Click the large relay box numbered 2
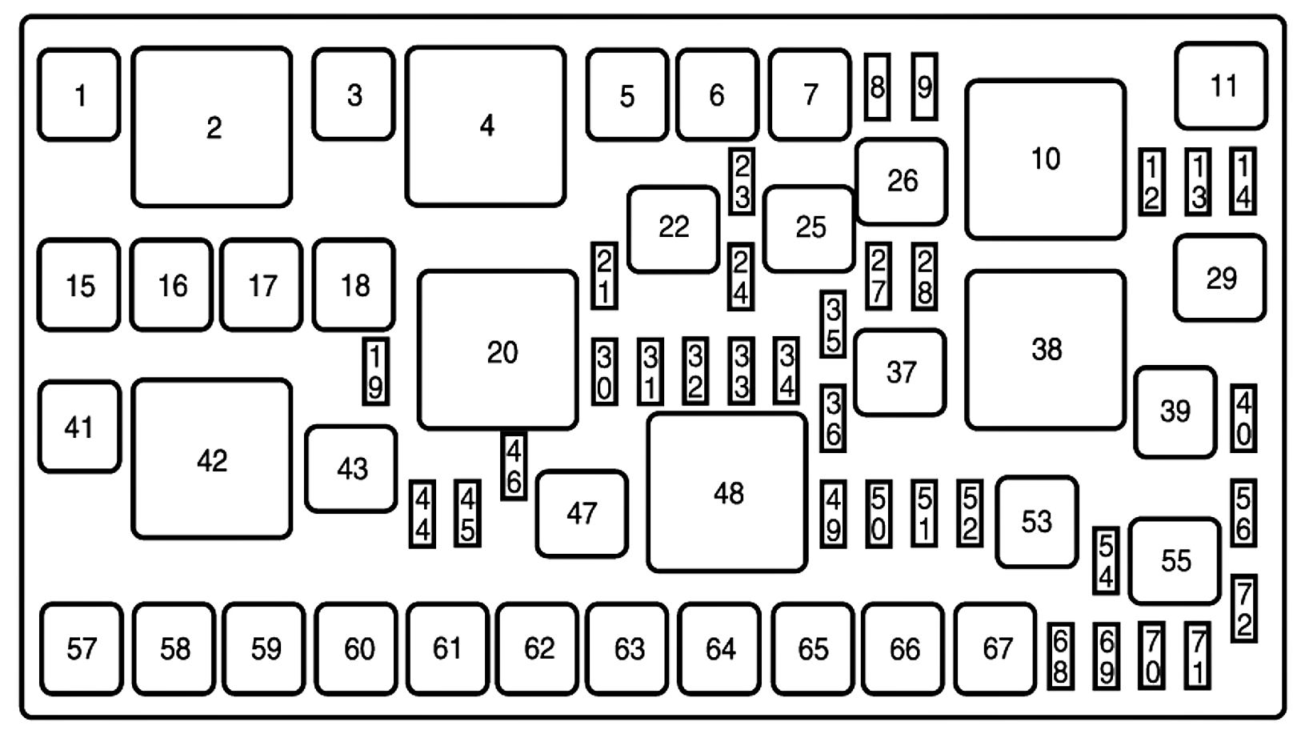212,127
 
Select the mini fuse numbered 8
878,87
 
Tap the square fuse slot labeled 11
1221,86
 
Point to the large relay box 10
1045,159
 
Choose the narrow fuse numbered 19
375,371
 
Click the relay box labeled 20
498,351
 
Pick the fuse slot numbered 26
901,182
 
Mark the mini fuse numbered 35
833,323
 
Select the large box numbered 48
727,493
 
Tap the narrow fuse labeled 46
514,466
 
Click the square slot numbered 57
81,648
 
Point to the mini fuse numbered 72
1243,608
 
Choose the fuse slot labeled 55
1175,561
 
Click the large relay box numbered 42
212,459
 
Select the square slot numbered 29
1220,279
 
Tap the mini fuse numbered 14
1243,182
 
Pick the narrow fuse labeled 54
1106,561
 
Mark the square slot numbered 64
719,648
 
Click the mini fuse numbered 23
742,182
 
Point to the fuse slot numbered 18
354,285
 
